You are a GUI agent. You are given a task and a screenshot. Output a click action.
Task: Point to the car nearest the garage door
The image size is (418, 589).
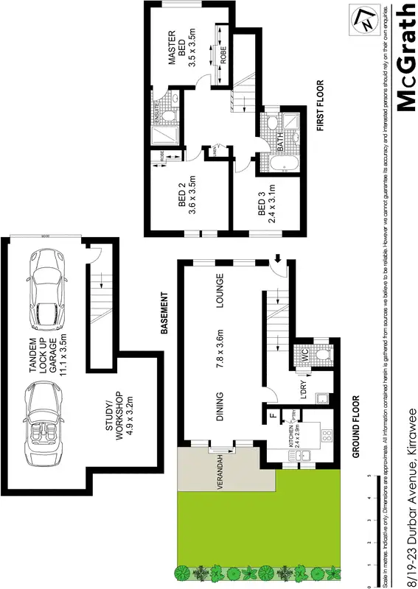coord(45,289)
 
